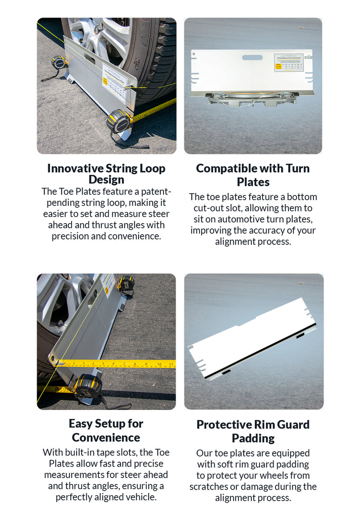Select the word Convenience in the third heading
106,437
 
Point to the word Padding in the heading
253,438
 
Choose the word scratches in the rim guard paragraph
210,486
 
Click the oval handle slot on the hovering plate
252,58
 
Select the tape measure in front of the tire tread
118,121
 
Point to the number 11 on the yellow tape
171,365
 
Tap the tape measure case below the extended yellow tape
87,386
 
